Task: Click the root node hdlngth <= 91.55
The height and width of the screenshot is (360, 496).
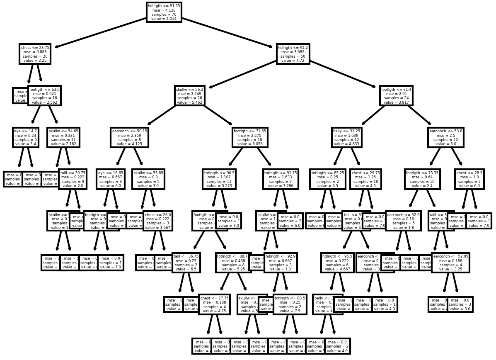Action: click(x=164, y=12)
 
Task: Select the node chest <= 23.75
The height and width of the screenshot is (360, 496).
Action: click(x=35, y=54)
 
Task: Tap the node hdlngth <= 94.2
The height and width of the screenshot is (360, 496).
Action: click(x=293, y=54)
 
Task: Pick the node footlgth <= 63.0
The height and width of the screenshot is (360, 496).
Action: click(x=44, y=96)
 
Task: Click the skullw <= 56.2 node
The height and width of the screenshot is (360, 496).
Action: click(x=190, y=96)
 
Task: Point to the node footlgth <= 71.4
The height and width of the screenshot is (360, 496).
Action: click(x=396, y=96)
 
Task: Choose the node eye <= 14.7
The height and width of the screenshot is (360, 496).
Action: click(x=26, y=137)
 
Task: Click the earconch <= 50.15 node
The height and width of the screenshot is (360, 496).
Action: click(x=129, y=137)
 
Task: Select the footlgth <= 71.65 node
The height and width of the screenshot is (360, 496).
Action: click(x=250, y=137)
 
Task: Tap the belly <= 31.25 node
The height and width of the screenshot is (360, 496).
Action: click(x=346, y=137)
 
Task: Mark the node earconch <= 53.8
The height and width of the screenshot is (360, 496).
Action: click(x=445, y=137)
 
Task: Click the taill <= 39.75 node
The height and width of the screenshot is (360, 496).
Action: click(x=73, y=179)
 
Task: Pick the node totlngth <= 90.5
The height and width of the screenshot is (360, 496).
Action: click(x=219, y=179)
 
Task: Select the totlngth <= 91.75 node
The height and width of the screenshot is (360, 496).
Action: click(x=280, y=179)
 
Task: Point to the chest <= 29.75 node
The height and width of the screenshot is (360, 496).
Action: click(x=365, y=179)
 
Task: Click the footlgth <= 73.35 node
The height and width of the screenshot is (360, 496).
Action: click(x=422, y=179)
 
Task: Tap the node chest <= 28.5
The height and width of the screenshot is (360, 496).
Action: click(x=469, y=179)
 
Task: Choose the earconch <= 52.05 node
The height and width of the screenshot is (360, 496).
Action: click(x=450, y=263)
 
